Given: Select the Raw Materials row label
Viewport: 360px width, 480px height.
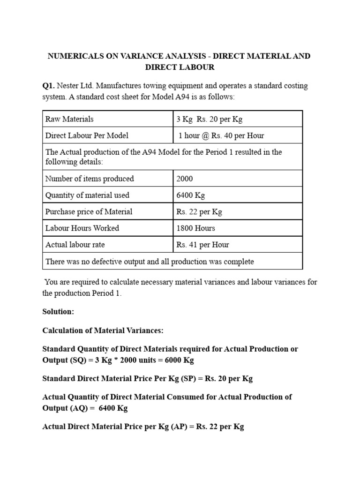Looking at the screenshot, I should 69,119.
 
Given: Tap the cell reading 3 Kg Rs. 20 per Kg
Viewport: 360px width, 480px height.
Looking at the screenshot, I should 209,119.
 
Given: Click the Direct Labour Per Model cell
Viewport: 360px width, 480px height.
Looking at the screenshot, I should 87,135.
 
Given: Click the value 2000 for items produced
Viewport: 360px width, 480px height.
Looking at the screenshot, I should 185,179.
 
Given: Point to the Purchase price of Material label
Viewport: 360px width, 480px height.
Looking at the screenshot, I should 89,211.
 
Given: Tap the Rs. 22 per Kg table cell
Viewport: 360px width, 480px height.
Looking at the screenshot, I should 199,211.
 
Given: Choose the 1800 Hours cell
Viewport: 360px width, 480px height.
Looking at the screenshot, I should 195,228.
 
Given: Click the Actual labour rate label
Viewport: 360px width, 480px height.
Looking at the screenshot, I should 75,245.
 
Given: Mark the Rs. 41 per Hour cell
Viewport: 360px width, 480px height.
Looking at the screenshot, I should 202,245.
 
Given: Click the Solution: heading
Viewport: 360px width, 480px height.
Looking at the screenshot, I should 58,312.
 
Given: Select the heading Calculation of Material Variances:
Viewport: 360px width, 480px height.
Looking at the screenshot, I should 103,330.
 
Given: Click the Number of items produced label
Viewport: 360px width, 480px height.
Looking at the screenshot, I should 90,179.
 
